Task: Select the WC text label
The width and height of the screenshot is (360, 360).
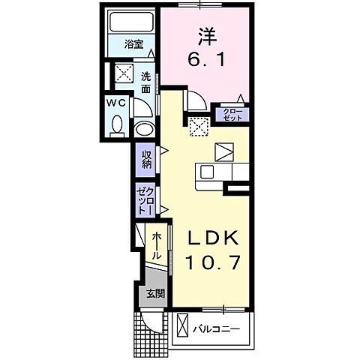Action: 116,101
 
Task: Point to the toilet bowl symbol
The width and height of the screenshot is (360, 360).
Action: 118,125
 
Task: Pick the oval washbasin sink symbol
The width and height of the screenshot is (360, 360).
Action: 144,129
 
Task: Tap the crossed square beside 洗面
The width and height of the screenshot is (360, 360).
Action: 121,73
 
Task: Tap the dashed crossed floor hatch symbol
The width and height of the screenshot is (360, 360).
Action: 199,127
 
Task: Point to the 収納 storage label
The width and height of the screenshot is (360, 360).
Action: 145,159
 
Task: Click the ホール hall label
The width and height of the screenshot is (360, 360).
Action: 156,246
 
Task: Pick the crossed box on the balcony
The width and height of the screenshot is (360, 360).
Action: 182,327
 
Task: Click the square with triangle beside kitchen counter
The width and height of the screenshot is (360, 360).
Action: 223,151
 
